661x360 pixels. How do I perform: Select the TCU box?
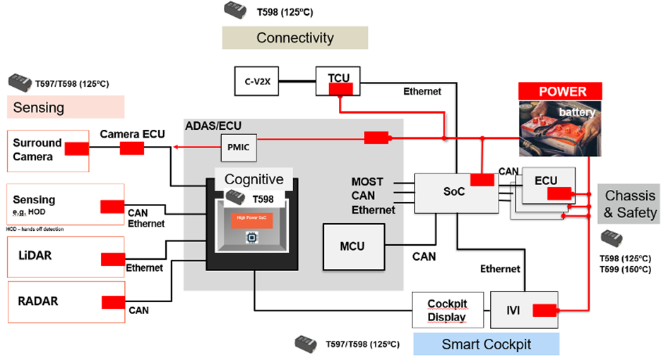[x=339, y=82]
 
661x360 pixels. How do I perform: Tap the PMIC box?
[x=235, y=148]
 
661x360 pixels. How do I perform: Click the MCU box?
[x=353, y=246]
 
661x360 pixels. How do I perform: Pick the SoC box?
[x=454, y=192]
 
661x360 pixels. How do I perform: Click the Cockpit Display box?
[x=447, y=310]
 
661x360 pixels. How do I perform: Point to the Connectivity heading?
[x=295, y=38]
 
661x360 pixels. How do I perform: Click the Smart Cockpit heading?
[x=486, y=344]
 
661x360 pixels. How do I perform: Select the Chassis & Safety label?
[x=631, y=203]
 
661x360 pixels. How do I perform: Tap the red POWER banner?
[x=562, y=91]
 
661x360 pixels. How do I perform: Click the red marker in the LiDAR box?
[x=113, y=259]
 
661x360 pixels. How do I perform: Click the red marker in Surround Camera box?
[x=77, y=149]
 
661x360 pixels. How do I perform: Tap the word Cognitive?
[x=254, y=179]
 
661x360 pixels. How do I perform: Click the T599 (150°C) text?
[x=625, y=270]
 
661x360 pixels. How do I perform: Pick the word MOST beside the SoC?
[x=368, y=182]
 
